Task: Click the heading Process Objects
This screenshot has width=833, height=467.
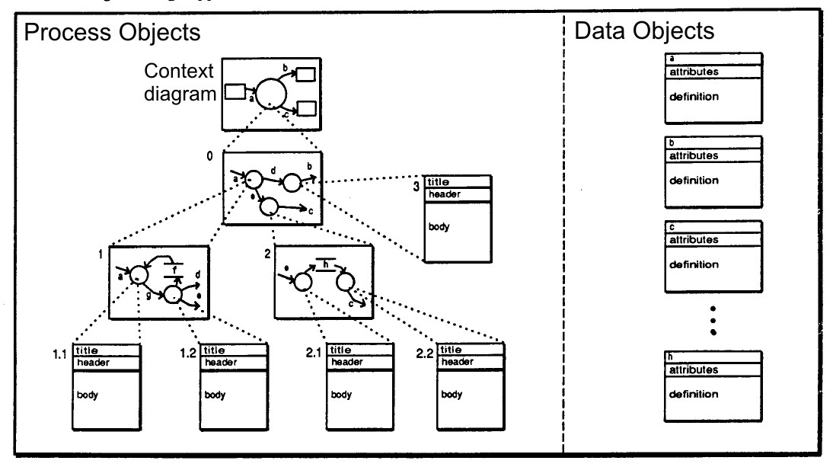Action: pyautogui.click(x=113, y=34)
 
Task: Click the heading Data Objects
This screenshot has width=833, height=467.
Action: pyautogui.click(x=643, y=32)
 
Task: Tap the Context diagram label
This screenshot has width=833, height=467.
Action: pyautogui.click(x=180, y=83)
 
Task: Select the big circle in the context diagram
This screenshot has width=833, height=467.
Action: pyautogui.click(x=271, y=94)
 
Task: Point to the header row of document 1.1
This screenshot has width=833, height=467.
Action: pyautogui.click(x=107, y=362)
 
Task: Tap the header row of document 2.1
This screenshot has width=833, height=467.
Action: pyautogui.click(x=360, y=362)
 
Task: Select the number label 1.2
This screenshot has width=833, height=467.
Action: pyautogui.click(x=188, y=354)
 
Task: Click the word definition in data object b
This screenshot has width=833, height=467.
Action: pyautogui.click(x=694, y=181)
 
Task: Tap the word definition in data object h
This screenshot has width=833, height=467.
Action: pyautogui.click(x=694, y=394)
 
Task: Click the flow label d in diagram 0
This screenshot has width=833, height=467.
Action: pyautogui.click(x=273, y=172)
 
